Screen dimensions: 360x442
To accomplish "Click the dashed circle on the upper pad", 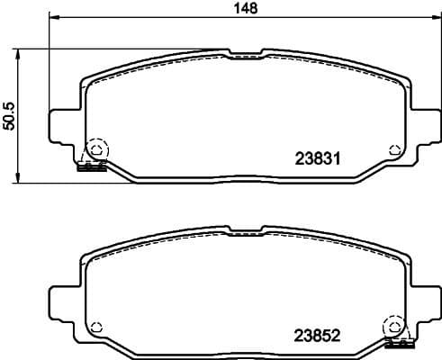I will pos(95,148).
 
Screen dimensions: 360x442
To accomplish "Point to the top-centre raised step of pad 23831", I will pos(245,54).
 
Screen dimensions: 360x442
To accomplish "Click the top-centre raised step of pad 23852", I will pos(245,230).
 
